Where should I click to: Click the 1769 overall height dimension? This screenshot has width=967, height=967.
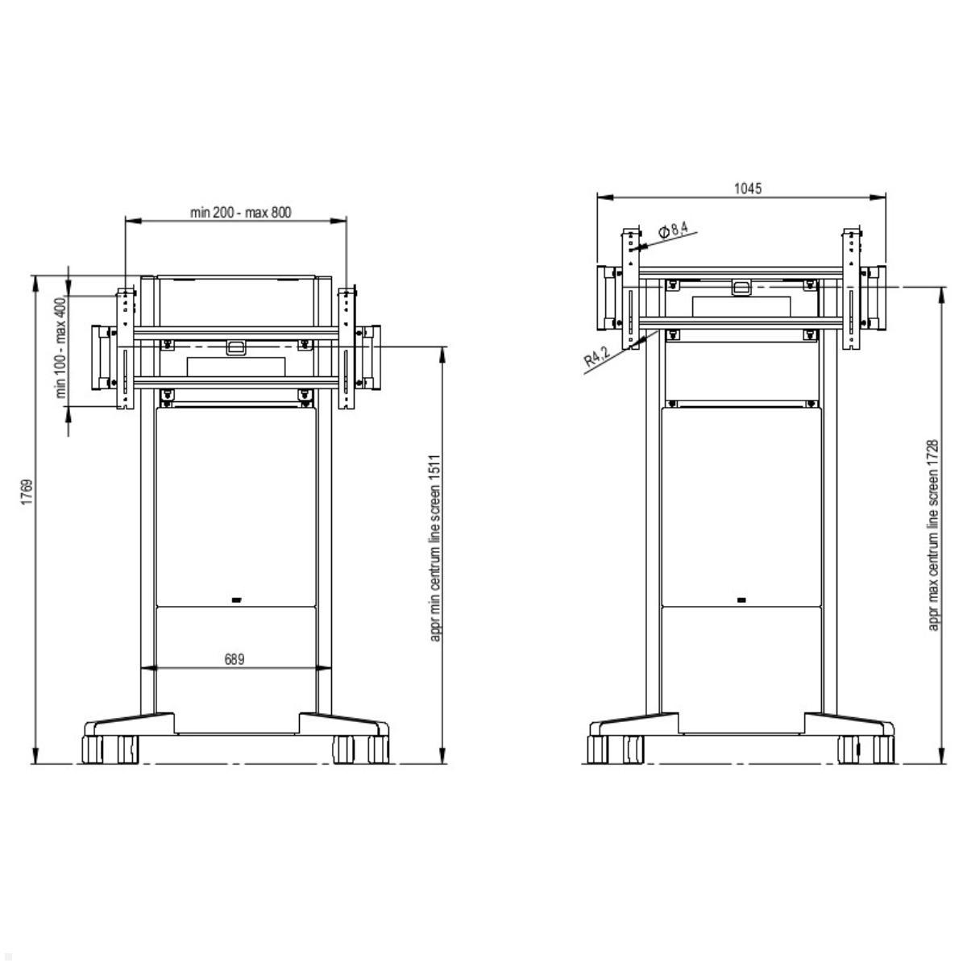[x=27, y=492]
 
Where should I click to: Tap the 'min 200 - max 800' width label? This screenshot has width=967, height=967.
[x=240, y=213]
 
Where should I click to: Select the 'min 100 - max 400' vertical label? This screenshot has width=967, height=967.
[x=59, y=348]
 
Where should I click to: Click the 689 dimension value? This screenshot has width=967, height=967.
[x=234, y=659]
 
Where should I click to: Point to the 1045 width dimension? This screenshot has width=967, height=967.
[x=747, y=189]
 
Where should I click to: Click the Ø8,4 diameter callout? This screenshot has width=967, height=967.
[x=674, y=231]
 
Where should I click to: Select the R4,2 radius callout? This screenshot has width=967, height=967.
[x=597, y=355]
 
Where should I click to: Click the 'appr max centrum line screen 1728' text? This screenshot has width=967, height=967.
[x=933, y=534]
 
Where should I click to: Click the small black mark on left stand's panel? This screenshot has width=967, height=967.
[x=236, y=600]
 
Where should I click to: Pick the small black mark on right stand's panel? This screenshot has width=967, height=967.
[x=741, y=600]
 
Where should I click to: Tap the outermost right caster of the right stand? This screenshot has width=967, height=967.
[x=883, y=749]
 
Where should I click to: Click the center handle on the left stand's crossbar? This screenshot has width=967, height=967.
[x=235, y=347]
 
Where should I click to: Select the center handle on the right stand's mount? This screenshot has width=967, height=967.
[x=741, y=287]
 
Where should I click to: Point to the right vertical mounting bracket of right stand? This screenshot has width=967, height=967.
[x=852, y=290]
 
